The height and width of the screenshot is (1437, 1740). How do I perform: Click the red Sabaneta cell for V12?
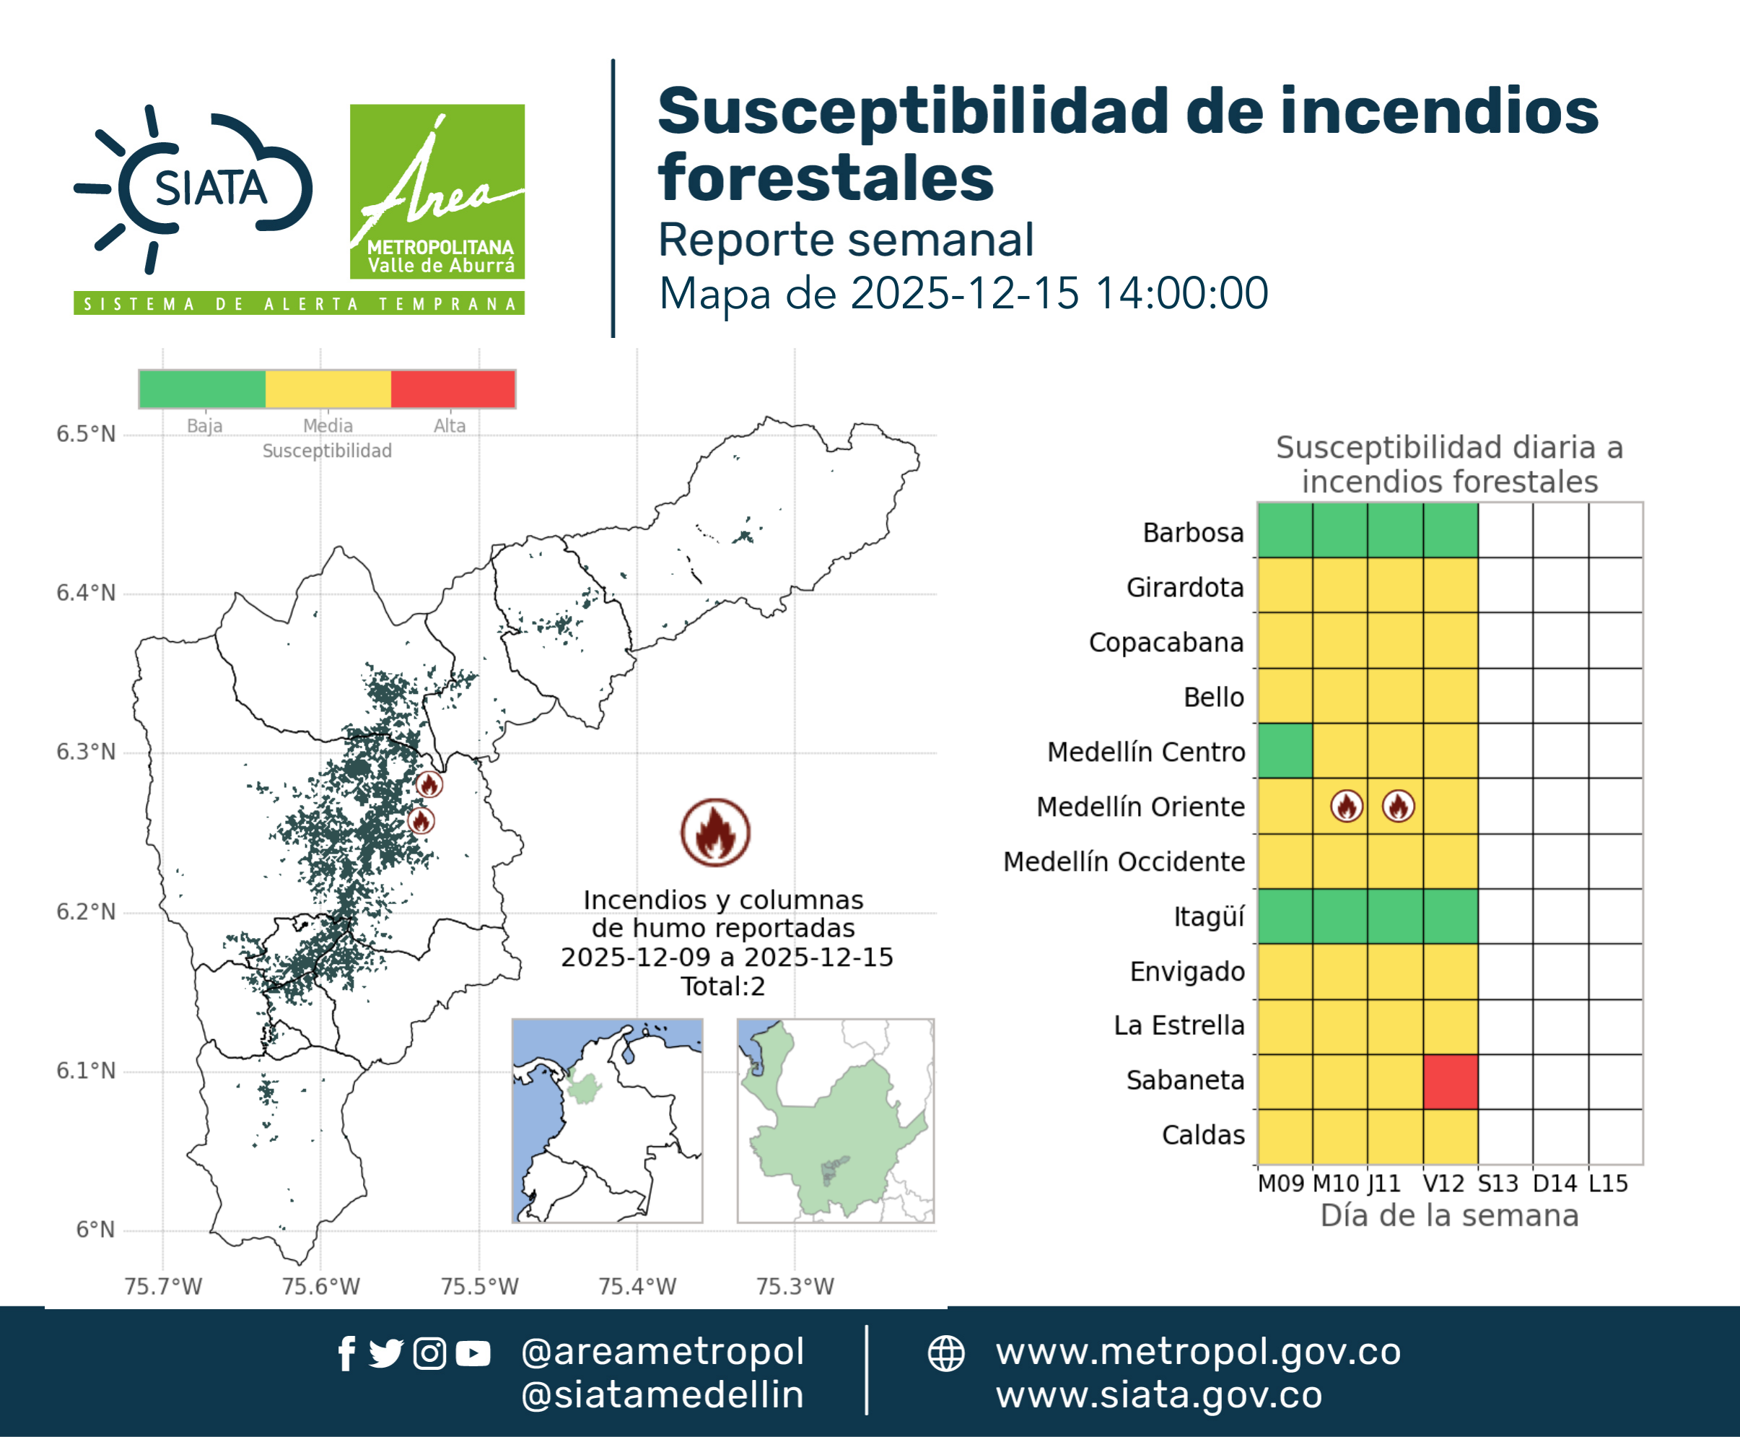coord(1451,1081)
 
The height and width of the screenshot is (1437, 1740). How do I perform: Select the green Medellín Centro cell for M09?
coord(1285,751)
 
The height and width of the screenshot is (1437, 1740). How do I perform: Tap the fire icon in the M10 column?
coord(1347,805)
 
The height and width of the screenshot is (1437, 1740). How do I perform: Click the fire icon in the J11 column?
coord(1399,805)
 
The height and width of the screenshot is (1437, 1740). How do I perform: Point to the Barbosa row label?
coord(1193,532)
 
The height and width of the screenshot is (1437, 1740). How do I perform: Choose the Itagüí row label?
coord(1209,916)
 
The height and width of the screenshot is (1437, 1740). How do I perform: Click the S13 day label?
coord(1498,1183)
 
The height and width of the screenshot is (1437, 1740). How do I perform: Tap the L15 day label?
coord(1609,1183)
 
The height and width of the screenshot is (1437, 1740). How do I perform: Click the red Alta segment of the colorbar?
coord(453,389)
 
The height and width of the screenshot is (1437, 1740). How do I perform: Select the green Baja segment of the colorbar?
coord(203,389)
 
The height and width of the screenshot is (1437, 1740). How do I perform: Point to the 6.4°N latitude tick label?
coord(86,593)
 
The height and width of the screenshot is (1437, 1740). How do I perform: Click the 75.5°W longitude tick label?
coord(479,1286)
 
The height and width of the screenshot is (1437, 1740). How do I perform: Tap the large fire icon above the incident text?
coord(716,833)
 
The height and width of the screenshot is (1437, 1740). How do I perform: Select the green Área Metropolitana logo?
coord(437,191)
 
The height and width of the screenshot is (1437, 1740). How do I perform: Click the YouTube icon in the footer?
coord(473,1353)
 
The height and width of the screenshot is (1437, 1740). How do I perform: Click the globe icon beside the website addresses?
coord(945,1353)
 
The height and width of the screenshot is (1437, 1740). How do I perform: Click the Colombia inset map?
coord(607,1121)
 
